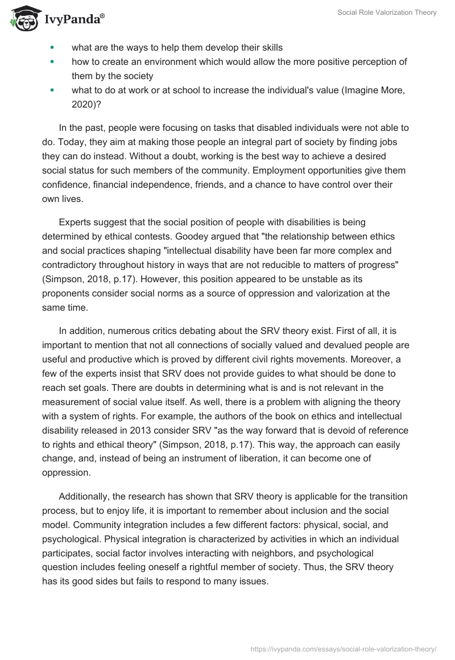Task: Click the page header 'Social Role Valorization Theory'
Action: click(386, 13)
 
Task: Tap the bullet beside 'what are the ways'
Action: click(53, 47)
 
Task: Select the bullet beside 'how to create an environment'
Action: click(53, 61)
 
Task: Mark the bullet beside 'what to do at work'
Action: click(53, 90)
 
